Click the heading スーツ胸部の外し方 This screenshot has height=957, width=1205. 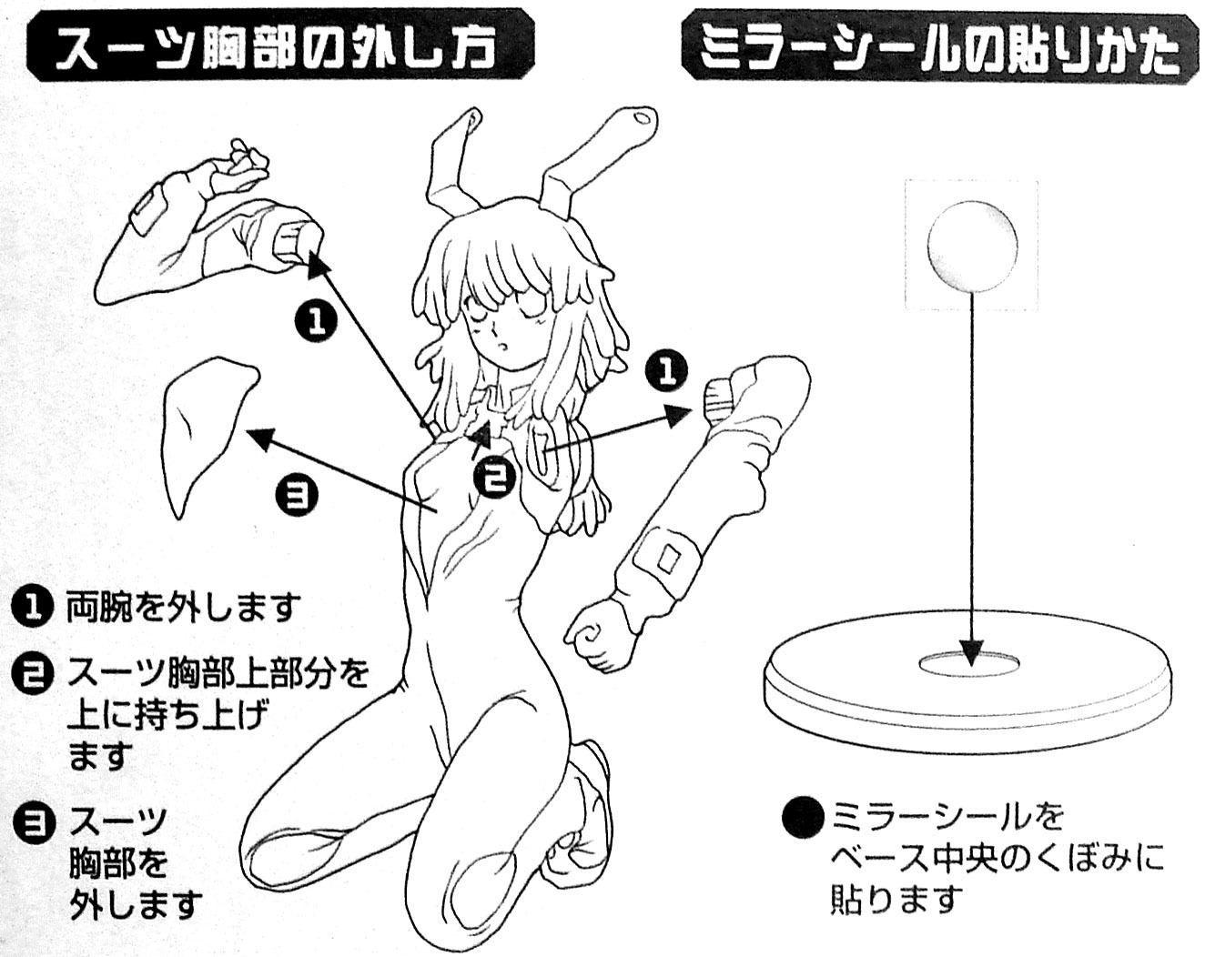280,45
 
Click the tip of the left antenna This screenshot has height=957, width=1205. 473,116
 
